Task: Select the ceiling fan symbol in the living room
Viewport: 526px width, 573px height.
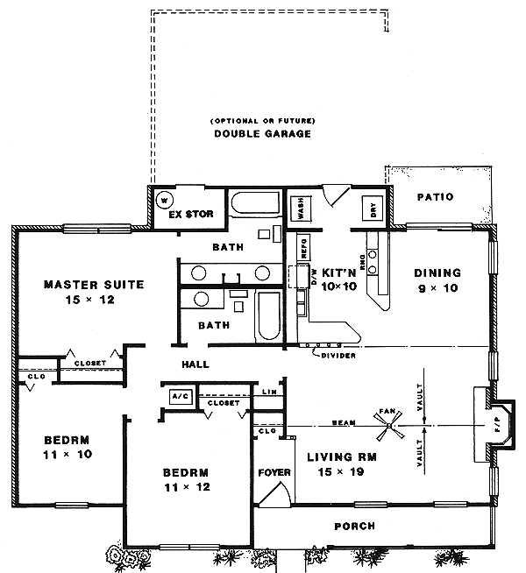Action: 387,430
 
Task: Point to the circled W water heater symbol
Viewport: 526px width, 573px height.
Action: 161,200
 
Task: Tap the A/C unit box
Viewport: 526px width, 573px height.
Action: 181,396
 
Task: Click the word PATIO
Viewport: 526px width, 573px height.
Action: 435,197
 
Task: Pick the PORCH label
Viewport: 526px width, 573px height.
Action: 355,527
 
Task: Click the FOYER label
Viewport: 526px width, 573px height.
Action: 274,473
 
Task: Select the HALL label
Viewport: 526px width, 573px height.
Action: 195,364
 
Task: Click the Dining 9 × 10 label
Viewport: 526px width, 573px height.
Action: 437,279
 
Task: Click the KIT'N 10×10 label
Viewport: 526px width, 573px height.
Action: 336,279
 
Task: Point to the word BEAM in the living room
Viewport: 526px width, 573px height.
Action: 344,424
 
